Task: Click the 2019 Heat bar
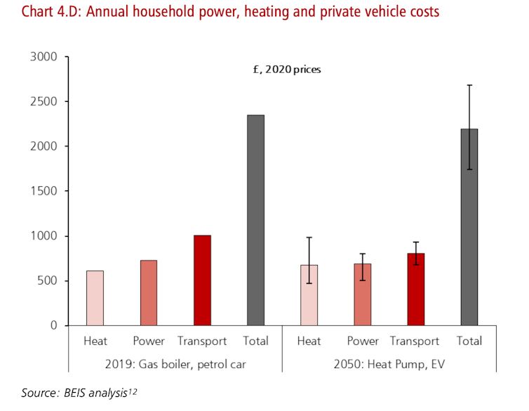pos(95,298)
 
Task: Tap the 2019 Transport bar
pos(202,280)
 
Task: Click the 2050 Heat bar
pos(309,295)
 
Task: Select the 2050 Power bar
pos(362,294)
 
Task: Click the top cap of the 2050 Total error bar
pos(469,85)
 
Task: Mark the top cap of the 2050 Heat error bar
pos(309,237)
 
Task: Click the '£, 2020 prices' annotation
pos(286,70)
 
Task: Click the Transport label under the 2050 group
pos(415,341)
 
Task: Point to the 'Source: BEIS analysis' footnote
pos(77,394)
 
